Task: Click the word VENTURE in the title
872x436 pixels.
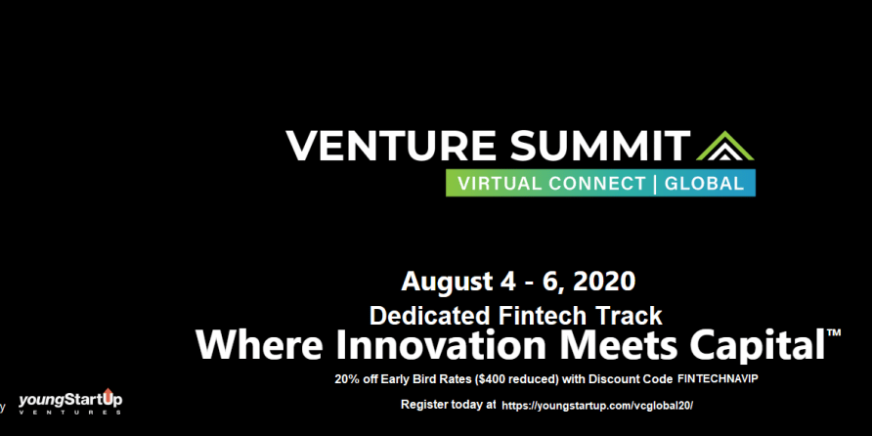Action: [x=390, y=146]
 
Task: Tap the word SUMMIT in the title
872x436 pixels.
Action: [x=600, y=146]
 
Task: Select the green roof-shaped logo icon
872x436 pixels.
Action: [x=724, y=146]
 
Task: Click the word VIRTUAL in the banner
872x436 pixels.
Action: [x=495, y=184]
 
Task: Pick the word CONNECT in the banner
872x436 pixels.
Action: [x=593, y=184]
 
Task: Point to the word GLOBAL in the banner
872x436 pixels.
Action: [x=704, y=184]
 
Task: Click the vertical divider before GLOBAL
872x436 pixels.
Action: [x=655, y=184]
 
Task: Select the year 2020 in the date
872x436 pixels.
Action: [x=603, y=282]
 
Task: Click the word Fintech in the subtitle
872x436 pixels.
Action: [x=535, y=316]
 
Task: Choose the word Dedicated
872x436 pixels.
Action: [x=431, y=316]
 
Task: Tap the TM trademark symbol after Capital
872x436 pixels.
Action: [x=834, y=333]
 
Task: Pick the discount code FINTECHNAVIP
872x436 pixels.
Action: [x=718, y=378]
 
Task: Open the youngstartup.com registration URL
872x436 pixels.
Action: [x=597, y=406]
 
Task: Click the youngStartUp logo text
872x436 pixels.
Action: [x=70, y=399]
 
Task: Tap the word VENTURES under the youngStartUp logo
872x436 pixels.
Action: [x=70, y=413]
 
